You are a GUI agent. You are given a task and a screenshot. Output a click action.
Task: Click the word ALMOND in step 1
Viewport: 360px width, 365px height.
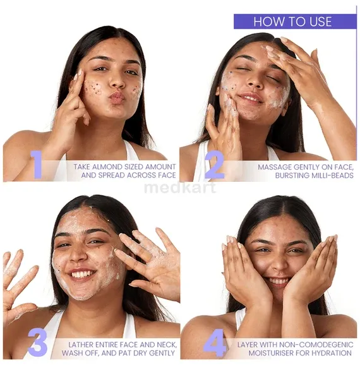click(109, 167)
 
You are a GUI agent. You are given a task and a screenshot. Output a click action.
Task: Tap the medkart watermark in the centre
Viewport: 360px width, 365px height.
click(180, 187)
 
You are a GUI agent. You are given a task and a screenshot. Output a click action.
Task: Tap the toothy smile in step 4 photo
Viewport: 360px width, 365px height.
click(277, 280)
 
